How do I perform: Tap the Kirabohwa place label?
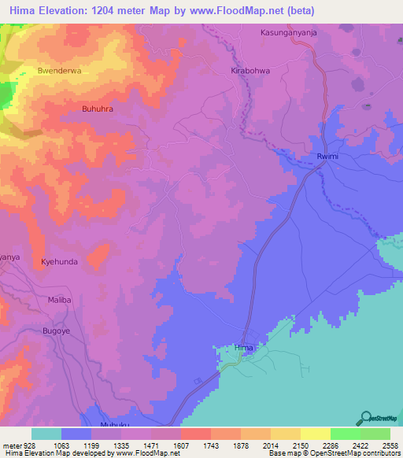click(x=251, y=70)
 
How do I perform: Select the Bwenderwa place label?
click(x=59, y=71)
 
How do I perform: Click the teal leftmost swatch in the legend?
click(x=46, y=434)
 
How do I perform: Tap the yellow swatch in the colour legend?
click(x=315, y=434)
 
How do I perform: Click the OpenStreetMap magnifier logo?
click(x=366, y=418)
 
